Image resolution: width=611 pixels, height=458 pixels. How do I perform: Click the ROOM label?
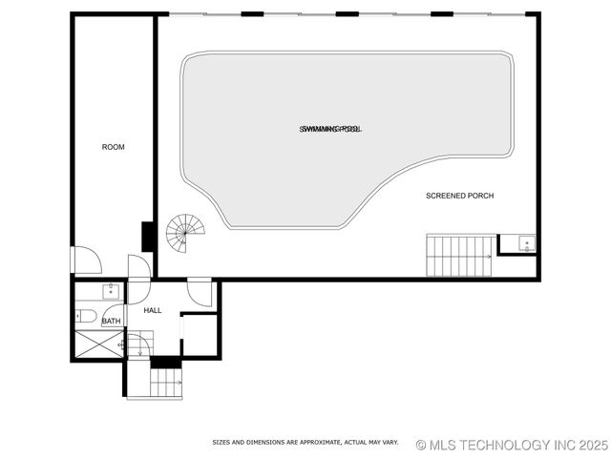(x=114, y=147)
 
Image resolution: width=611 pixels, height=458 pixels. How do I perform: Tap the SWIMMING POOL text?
(x=330, y=128)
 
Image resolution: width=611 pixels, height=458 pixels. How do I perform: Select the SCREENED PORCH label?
(x=459, y=196)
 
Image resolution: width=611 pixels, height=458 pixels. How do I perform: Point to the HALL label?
(x=153, y=311)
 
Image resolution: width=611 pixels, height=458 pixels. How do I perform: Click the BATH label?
(x=112, y=322)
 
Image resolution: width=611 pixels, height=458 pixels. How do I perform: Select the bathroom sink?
(x=112, y=293)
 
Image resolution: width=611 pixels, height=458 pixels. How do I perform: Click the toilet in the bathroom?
(x=85, y=316)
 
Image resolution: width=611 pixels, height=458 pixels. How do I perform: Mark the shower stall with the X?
(x=98, y=344)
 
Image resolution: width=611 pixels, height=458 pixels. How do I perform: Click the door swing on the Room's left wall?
(x=85, y=260)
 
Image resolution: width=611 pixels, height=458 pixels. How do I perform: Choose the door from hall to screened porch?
(x=200, y=291)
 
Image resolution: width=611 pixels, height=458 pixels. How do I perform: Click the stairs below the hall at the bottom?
(x=165, y=384)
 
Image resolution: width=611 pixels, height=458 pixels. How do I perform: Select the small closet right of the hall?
(x=200, y=335)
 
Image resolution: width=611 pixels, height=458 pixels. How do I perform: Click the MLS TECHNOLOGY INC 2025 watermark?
(x=512, y=445)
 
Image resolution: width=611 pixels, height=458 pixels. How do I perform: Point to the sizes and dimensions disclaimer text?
(x=305, y=443)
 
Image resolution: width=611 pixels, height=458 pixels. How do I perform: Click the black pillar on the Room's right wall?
(x=148, y=236)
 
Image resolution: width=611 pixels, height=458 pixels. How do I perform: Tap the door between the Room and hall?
(x=139, y=266)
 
